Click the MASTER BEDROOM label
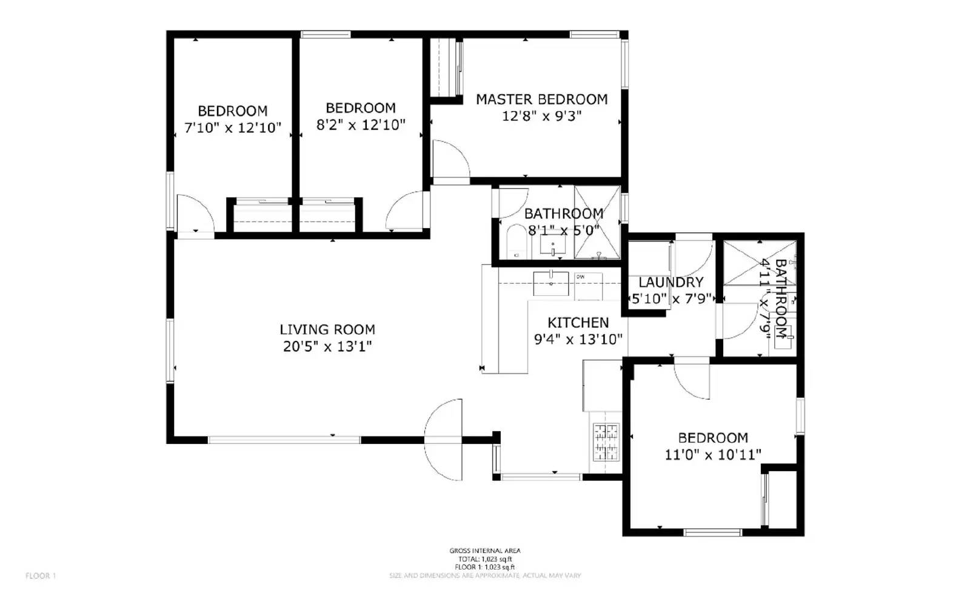(541, 99)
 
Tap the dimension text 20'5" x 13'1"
(327, 347)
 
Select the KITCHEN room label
(578, 323)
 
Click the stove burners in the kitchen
(606, 442)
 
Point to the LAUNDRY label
(671, 282)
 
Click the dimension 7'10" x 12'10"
(233, 128)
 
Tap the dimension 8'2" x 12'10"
(361, 125)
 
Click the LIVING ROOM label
(327, 330)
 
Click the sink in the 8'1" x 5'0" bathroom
(553, 245)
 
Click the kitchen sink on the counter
(551, 283)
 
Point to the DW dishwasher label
(580, 277)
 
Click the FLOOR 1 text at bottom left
(41, 576)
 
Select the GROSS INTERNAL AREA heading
(484, 551)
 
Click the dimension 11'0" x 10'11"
(713, 455)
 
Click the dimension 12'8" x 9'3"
(541, 116)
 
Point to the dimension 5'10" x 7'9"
(671, 299)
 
